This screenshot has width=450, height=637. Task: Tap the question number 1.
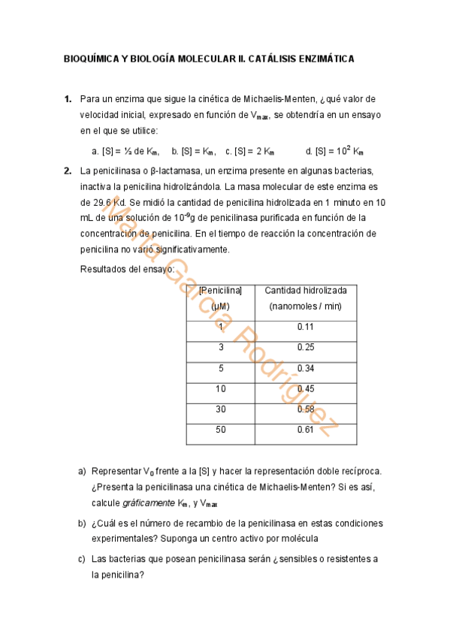coord(68,98)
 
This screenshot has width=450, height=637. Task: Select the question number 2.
coord(68,171)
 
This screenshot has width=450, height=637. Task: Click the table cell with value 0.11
coord(306,327)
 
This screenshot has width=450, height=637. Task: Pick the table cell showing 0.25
coord(306,347)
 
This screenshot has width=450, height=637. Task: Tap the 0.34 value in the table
coord(306,368)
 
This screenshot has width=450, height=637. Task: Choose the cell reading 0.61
coord(306,430)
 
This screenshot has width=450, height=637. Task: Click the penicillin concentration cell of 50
coord(221,430)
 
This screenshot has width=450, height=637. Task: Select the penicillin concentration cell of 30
coord(221,409)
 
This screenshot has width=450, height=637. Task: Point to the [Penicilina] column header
coord(221,290)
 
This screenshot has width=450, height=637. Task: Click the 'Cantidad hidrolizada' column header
coord(306,290)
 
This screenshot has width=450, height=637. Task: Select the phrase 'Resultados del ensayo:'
coord(127,268)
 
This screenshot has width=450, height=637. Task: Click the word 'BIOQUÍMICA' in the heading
coord(91,59)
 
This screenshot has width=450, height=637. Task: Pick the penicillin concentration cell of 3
coord(221,347)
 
